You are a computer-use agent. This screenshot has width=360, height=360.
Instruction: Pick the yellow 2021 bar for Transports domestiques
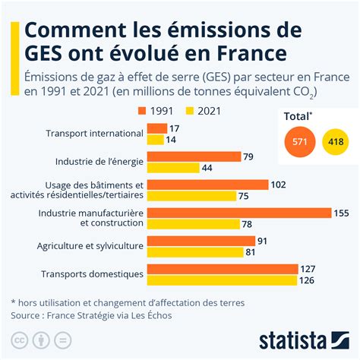pos(221,280)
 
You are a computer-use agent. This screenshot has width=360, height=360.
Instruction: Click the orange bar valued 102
pos(207,185)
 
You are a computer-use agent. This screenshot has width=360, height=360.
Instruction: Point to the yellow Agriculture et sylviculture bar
pos(194,252)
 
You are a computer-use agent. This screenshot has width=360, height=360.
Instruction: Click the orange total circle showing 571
pos(298,142)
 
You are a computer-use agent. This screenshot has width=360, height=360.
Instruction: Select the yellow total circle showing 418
pos(334,142)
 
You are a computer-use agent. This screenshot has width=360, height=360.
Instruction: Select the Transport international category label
pos(94,134)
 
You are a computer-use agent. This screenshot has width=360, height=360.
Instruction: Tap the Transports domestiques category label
pos(94,274)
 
